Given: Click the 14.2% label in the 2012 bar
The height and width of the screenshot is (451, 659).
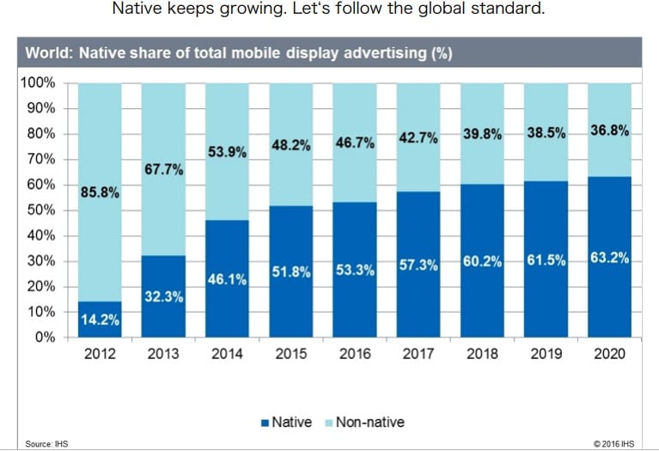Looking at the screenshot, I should click(101, 320).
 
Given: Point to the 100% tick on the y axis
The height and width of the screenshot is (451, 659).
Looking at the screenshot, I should click(37, 83).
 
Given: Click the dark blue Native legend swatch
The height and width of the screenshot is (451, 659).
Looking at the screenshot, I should click(264, 422).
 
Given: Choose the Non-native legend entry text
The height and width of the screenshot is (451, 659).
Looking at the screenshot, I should click(369, 422).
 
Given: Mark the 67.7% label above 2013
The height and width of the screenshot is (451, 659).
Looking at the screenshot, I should click(164, 169).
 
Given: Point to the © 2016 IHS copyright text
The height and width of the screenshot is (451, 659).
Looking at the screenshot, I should click(619, 443).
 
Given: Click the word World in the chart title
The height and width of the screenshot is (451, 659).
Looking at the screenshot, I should click(48, 53).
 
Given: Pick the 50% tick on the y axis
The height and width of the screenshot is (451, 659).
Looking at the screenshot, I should click(40, 210).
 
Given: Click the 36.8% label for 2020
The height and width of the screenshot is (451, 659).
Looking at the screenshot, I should click(609, 131).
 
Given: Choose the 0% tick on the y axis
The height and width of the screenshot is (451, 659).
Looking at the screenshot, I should click(44, 337).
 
